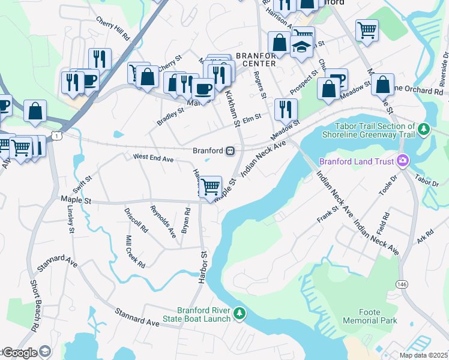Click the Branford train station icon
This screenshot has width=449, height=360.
tap(230, 151)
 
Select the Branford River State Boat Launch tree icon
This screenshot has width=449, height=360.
tap(240, 313)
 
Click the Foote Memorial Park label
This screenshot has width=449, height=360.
tap(370, 316)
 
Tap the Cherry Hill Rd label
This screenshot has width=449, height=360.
tap(113, 28)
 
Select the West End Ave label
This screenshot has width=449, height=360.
tap(152, 159)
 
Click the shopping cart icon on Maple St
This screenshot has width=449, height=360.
tap(210, 187)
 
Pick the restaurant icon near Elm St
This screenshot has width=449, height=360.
tap(285, 109)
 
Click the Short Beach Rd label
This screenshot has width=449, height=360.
tap(35, 304)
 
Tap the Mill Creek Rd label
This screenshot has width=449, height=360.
tap(135, 251)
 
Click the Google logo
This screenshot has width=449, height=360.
tap(20, 353)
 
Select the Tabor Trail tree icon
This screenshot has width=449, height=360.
tap(424, 129)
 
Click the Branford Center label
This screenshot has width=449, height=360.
tap(256, 59)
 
